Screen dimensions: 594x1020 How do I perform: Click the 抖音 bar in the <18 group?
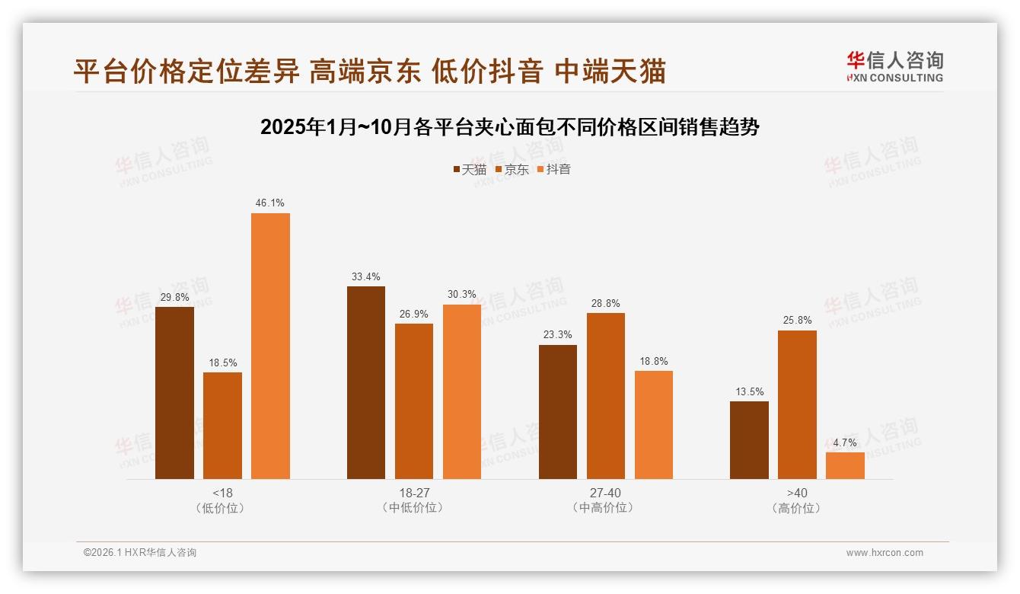(x=270, y=346)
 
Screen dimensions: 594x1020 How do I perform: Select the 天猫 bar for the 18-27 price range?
(x=366, y=382)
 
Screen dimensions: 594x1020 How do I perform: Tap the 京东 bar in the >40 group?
(x=797, y=404)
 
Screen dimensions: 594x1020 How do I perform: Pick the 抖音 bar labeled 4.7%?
(x=845, y=465)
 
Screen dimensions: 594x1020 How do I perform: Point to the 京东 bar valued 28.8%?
(x=605, y=396)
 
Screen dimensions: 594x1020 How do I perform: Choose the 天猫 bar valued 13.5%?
(x=749, y=440)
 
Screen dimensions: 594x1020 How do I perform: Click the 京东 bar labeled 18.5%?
(x=222, y=425)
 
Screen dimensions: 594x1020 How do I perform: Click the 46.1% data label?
(x=270, y=203)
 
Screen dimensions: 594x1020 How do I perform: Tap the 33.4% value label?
(x=366, y=276)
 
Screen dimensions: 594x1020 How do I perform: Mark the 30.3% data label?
(x=462, y=295)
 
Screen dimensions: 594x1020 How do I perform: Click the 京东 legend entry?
(x=512, y=170)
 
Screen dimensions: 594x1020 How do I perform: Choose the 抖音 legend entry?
(x=553, y=170)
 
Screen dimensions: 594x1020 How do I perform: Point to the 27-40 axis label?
(x=605, y=493)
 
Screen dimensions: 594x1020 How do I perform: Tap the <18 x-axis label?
(x=222, y=493)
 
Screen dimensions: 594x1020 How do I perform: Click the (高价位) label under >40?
(x=797, y=508)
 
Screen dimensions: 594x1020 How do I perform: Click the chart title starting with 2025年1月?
(x=509, y=127)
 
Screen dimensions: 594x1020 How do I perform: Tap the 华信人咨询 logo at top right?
(x=894, y=66)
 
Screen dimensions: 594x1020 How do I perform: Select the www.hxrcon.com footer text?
(x=885, y=553)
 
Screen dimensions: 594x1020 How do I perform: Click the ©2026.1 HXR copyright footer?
(x=140, y=553)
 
